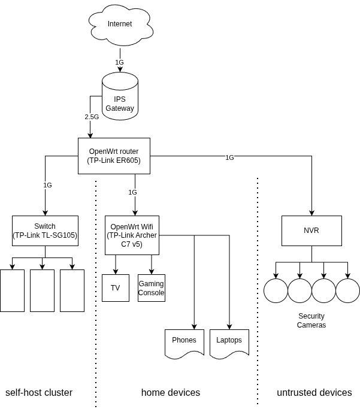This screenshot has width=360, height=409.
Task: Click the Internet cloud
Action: click(120, 25)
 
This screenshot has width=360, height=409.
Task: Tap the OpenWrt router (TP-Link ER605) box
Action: click(114, 156)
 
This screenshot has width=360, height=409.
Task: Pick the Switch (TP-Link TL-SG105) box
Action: click(45, 231)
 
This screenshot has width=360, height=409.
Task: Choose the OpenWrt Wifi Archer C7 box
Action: click(132, 235)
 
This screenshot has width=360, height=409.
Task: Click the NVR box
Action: click(311, 231)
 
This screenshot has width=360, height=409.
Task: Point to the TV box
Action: click(116, 288)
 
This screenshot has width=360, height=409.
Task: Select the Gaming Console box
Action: click(151, 288)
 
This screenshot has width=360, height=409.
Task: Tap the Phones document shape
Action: click(184, 343)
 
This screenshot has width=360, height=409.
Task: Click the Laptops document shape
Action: click(229, 343)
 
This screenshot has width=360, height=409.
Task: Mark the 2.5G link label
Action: click(92, 117)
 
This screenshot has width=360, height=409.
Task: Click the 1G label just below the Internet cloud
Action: click(119, 62)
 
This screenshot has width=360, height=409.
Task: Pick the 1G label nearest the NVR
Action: click(229, 157)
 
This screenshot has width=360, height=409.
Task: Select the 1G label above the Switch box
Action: click(47, 185)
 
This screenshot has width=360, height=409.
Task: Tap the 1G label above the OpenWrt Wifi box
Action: click(132, 192)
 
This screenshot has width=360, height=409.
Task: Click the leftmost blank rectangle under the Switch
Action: click(12, 290)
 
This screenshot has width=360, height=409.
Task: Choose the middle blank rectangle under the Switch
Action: click(42, 290)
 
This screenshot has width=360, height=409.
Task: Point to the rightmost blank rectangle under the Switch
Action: click(72, 290)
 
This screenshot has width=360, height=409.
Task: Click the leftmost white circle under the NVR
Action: click(276, 290)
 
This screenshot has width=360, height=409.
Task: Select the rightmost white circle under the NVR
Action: click(347, 290)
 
